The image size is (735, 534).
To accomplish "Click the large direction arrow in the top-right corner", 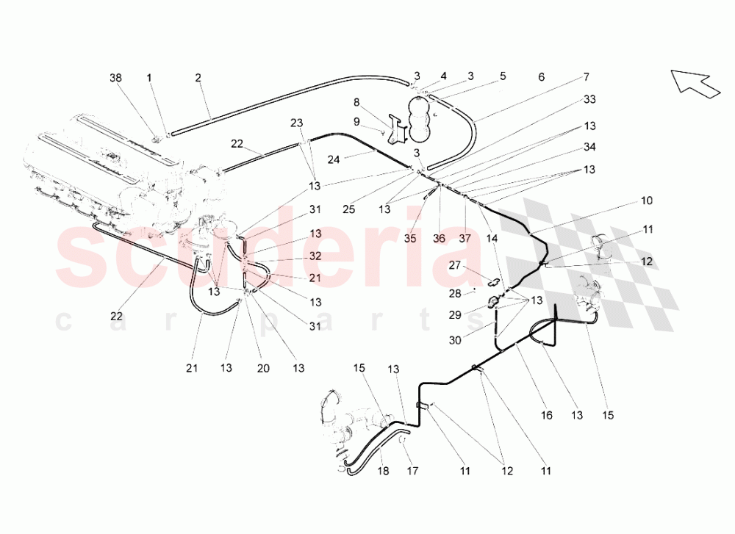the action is click(x=695, y=84).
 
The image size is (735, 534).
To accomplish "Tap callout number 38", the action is click(x=116, y=78).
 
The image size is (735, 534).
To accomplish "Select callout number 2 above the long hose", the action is click(x=198, y=78).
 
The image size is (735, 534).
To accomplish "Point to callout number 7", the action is click(x=587, y=77).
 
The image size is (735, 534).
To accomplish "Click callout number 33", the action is click(x=589, y=99).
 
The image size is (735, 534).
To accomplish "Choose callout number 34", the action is click(x=589, y=147).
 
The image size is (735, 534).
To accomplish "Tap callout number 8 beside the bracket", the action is click(x=356, y=103).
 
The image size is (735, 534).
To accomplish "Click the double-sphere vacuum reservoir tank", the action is click(x=422, y=118).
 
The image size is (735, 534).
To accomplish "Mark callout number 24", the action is click(x=334, y=159).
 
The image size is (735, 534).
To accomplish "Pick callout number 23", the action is click(x=297, y=123).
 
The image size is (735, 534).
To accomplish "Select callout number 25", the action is click(x=348, y=209).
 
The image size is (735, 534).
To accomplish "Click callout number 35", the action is click(x=410, y=239).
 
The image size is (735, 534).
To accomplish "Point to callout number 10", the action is click(x=647, y=201).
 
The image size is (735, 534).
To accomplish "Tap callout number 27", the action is click(x=455, y=266).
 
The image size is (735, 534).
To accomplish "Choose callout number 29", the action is click(x=455, y=315).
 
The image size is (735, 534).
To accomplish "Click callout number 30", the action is click(x=455, y=340).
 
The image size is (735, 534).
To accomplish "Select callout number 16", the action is click(x=547, y=415).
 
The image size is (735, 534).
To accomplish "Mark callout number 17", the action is click(x=412, y=471).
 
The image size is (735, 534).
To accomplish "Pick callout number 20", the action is click(x=263, y=368).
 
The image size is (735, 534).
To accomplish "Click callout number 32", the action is click(x=315, y=256).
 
